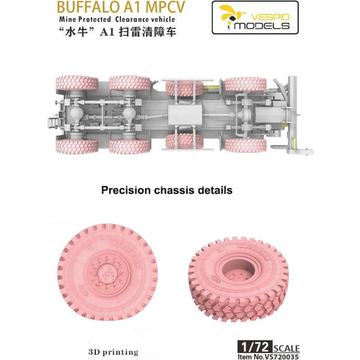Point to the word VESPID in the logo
click(x=270, y=17)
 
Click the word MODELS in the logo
click(x=262, y=25)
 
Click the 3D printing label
click(x=113, y=352)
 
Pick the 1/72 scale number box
click(x=255, y=347)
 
